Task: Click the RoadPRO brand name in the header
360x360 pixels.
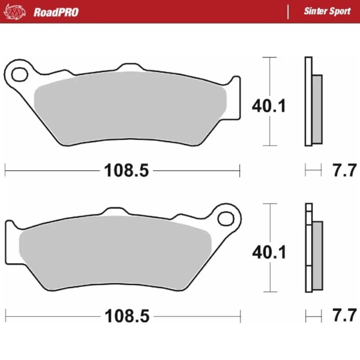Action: (56, 12)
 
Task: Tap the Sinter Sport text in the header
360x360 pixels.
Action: (327, 11)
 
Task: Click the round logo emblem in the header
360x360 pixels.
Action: (14, 12)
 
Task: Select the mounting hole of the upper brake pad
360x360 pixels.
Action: (19, 75)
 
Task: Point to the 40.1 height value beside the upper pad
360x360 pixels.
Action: (269, 106)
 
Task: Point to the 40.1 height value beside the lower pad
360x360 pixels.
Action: (269, 253)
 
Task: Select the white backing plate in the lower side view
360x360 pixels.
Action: (309, 248)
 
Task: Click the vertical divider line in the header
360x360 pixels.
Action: (288, 12)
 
